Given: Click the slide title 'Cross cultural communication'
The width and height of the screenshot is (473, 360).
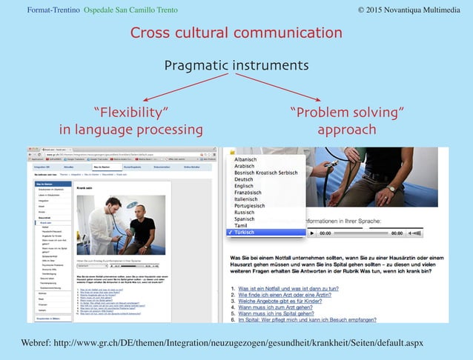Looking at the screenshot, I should (236, 33).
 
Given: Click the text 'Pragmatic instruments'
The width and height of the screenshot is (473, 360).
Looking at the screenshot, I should (236, 65).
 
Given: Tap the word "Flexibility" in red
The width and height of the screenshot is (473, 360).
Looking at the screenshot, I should (130, 113).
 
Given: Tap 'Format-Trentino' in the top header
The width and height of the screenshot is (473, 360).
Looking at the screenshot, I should (53, 9).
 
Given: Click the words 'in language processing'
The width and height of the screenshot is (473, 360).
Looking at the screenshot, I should (130, 130).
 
